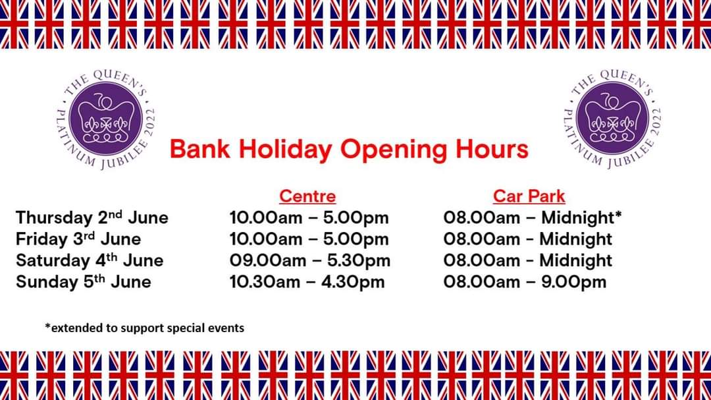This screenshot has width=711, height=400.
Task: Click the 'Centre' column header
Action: (x=307, y=196)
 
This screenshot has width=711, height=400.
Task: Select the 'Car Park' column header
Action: (x=529, y=196)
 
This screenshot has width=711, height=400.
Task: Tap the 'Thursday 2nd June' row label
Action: (x=92, y=217)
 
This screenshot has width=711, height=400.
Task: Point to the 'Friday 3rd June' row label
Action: (x=78, y=239)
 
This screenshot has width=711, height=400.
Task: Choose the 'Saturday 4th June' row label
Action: (x=90, y=260)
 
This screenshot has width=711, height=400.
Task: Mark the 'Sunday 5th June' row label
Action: (x=84, y=282)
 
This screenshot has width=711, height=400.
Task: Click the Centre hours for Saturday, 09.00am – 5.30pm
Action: (x=309, y=260)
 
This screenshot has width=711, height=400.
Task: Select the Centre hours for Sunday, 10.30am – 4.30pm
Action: (x=307, y=282)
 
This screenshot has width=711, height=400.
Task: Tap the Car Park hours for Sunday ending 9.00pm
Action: (x=525, y=282)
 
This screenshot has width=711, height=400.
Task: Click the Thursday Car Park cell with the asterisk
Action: (x=533, y=217)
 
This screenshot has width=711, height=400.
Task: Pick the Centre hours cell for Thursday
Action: (x=309, y=217)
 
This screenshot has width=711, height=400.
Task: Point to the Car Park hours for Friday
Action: (x=528, y=239)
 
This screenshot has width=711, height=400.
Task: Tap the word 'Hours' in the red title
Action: (x=492, y=149)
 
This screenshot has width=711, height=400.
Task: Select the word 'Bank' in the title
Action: (x=200, y=149)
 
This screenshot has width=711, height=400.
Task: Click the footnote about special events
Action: (x=144, y=328)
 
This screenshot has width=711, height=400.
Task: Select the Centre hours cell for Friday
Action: (x=309, y=239)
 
